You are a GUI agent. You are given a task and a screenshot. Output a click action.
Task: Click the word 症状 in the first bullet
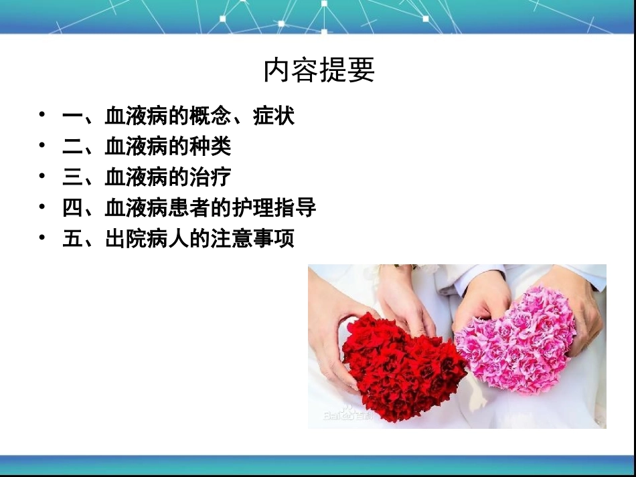point(274,116)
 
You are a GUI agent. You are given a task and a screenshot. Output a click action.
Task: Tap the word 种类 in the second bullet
point(211,147)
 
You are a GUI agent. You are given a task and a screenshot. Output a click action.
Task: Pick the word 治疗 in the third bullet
point(211,177)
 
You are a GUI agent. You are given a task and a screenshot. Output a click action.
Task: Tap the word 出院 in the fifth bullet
point(126,239)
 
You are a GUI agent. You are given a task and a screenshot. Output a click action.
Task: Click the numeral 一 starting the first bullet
point(72,117)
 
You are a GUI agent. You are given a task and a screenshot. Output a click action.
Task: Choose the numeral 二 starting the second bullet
point(72,147)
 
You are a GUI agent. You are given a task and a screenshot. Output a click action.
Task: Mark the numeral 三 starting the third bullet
point(72,177)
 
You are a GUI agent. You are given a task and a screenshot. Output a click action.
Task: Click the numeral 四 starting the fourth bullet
point(72,208)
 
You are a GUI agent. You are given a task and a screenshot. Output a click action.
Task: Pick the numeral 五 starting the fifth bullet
point(72,239)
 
